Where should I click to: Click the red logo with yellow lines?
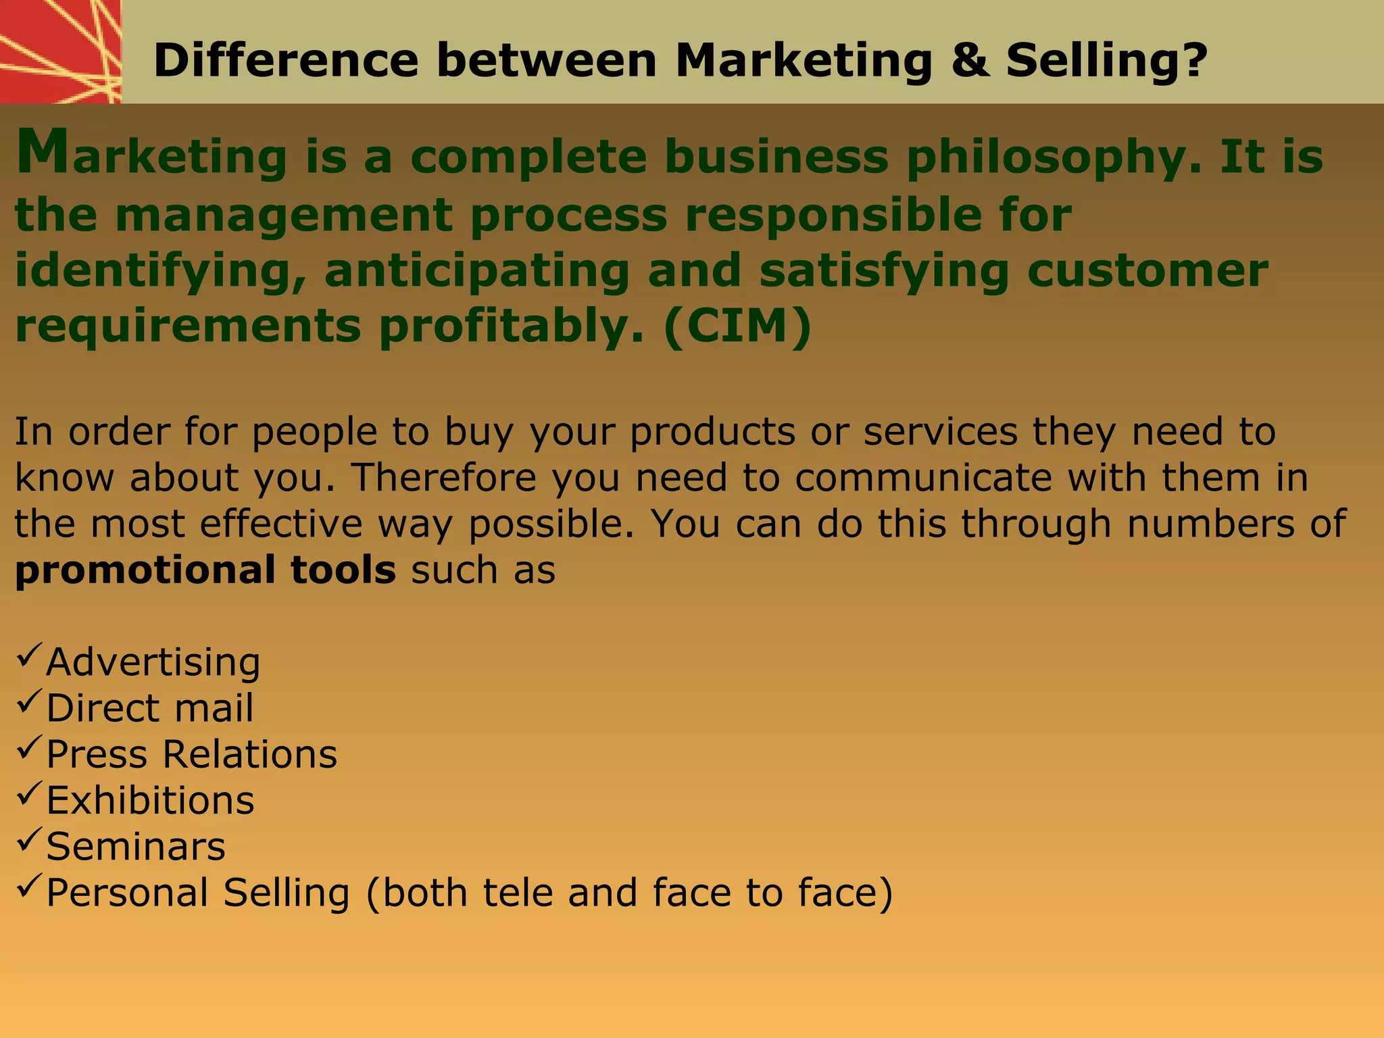tap(59, 51)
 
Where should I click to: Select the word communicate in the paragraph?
tap(923, 478)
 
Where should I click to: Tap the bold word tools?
tap(343, 570)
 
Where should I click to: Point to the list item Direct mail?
tap(149, 708)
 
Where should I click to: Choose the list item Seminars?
tap(135, 847)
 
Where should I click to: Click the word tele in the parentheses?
tap(516, 893)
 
